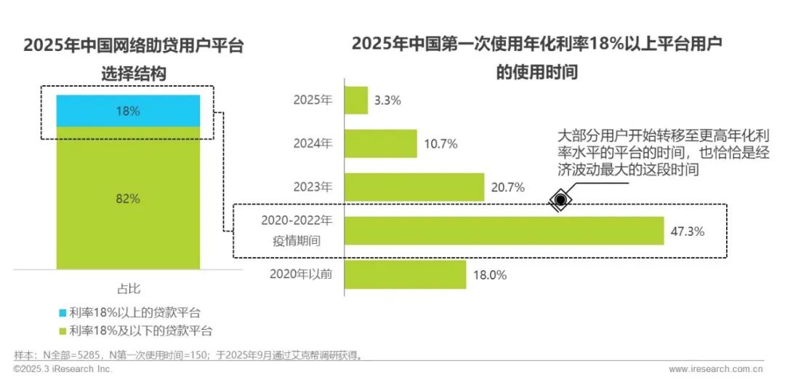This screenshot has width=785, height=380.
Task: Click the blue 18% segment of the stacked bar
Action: pyautogui.click(x=128, y=111)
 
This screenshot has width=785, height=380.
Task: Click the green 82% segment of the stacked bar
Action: pyautogui.click(x=128, y=198)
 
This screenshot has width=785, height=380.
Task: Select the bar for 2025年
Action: pyautogui.click(x=355, y=100)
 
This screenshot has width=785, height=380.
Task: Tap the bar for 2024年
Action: pyautogui.click(x=380, y=143)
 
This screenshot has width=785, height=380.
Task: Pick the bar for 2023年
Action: pyautogui.click(x=414, y=187)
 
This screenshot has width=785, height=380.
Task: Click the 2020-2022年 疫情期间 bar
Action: pyautogui.click(x=503, y=231)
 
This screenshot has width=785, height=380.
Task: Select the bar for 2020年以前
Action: pyautogui.click(x=404, y=274)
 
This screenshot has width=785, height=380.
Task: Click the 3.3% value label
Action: pyautogui.click(x=387, y=101)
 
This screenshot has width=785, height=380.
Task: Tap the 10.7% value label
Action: pyautogui.click(x=440, y=144)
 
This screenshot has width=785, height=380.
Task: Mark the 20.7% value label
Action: pyautogui.click(x=507, y=188)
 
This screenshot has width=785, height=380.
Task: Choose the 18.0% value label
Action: pyautogui.click(x=489, y=275)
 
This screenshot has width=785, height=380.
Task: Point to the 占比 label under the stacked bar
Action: pyautogui.click(x=128, y=288)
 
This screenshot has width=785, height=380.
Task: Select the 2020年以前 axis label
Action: pyautogui.click(x=301, y=274)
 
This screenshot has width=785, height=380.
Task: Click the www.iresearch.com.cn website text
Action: pyautogui.click(x=715, y=369)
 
